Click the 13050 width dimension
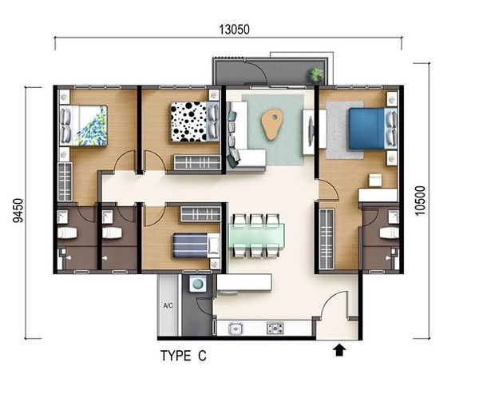pos(234,30)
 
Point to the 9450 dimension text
pos(18,210)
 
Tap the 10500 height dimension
pos(421,201)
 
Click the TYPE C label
pos(184,356)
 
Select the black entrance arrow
pos(339,350)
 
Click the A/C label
pos(168,305)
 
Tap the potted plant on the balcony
pos(315,74)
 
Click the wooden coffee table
pos(271,125)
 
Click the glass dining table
pos(257,235)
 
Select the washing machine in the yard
pos(197,284)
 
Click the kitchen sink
pos(236,328)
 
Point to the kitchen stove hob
pos(275,328)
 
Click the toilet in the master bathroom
pos(390,233)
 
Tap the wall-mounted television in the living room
pos(311,132)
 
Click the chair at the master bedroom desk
pos(375,180)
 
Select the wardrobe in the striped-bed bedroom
pos(200,214)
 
